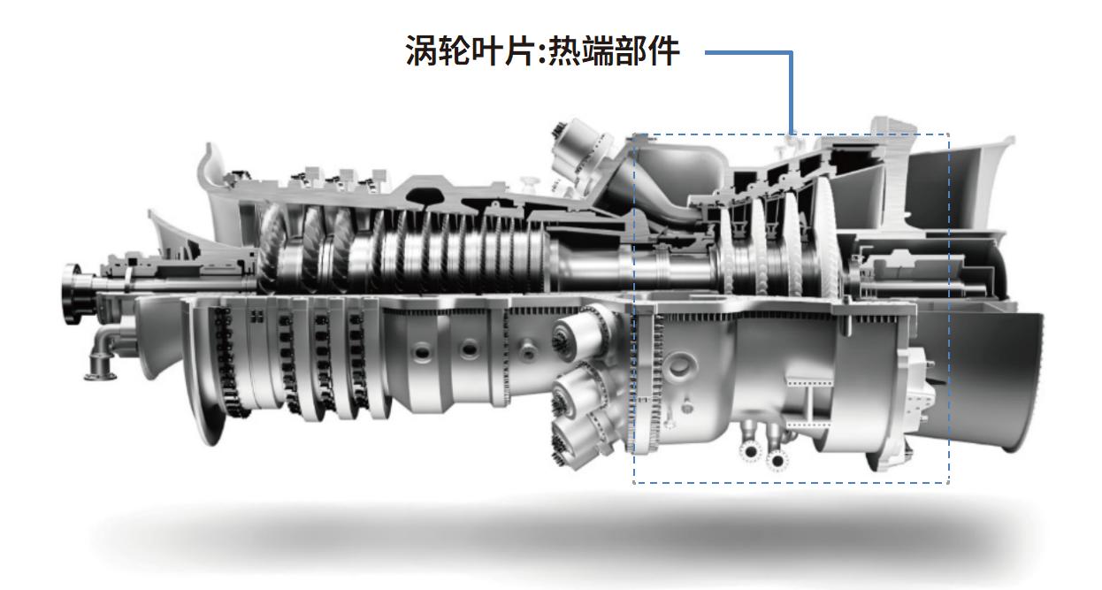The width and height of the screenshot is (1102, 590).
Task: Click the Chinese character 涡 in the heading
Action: pos(422,50)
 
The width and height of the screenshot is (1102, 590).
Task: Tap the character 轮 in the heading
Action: pos(456,50)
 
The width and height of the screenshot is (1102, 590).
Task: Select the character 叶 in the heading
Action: pos(490,50)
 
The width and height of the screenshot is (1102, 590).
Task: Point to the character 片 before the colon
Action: pos(523,50)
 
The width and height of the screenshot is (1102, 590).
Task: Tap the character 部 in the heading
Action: pos(632,50)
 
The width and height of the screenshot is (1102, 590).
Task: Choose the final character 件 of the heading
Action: pos(664,50)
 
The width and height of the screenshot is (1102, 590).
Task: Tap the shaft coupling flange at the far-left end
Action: pos(72,293)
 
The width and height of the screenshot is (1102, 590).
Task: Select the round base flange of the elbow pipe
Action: pos(100,377)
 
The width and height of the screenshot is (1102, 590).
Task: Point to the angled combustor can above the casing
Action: pos(580,150)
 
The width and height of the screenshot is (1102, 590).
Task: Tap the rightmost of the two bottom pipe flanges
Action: pos(777,460)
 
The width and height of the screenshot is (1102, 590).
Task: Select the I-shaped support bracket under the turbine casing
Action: pos(810,402)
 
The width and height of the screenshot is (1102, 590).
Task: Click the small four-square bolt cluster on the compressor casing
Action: pos(256,316)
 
